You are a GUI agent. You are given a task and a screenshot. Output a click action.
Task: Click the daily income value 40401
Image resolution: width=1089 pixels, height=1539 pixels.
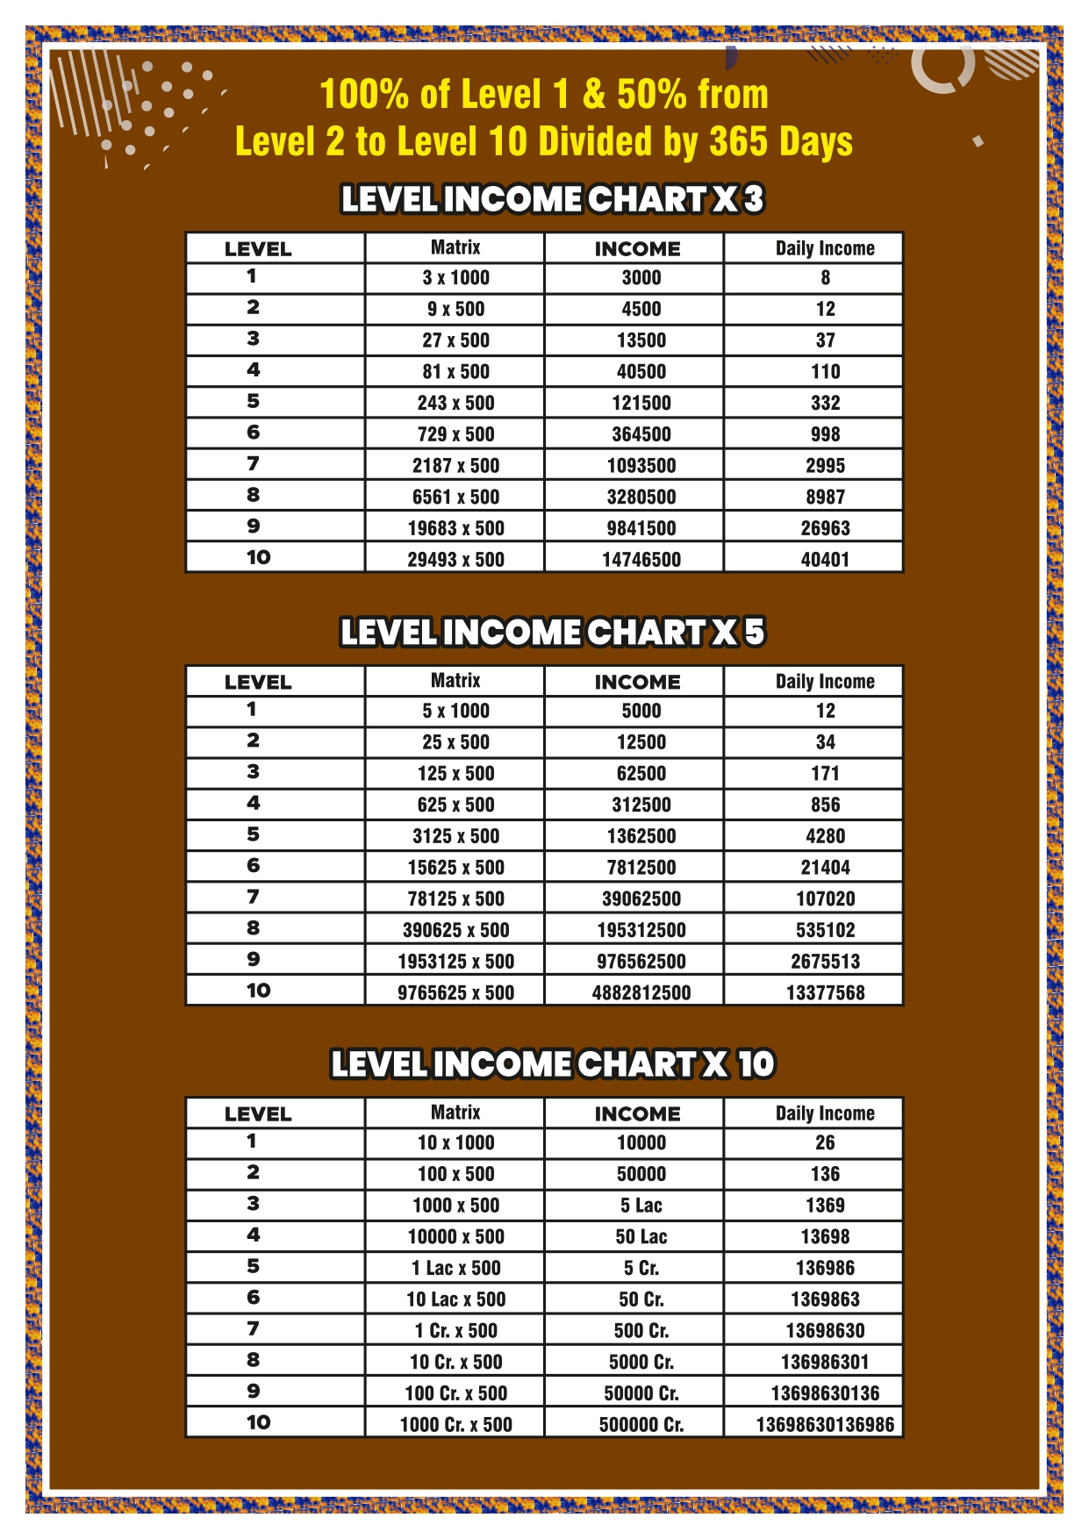click(x=825, y=559)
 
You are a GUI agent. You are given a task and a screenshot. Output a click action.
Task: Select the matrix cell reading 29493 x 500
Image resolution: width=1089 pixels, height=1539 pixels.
click(x=455, y=559)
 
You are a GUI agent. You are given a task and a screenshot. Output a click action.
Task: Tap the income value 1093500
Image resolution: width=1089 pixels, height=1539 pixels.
click(x=641, y=465)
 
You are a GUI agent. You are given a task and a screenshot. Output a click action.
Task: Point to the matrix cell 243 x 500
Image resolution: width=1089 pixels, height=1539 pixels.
click(x=455, y=403)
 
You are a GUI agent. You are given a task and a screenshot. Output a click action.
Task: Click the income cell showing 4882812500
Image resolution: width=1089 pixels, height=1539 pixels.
click(x=641, y=992)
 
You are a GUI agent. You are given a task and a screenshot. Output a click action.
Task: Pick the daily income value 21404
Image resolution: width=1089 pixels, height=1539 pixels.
click(x=825, y=867)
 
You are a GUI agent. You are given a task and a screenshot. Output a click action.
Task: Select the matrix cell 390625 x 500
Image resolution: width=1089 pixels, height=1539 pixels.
click(x=455, y=929)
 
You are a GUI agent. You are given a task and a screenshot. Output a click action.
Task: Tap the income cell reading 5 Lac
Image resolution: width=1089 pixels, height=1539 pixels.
click(x=641, y=1205)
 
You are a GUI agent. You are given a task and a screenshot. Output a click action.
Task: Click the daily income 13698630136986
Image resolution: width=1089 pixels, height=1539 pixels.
click(x=825, y=1424)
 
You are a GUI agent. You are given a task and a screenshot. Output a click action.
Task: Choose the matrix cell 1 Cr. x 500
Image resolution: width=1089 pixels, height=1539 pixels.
click(x=455, y=1330)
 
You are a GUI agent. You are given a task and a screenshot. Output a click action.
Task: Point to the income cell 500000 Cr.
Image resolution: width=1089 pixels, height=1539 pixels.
click(x=641, y=1424)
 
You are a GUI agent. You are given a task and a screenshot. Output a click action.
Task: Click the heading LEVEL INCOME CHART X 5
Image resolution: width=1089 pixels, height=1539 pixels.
click(x=552, y=632)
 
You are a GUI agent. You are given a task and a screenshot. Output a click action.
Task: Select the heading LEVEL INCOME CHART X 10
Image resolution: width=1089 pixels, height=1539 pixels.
click(x=552, y=1064)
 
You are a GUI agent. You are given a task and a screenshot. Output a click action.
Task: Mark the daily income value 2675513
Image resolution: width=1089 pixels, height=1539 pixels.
click(x=825, y=961)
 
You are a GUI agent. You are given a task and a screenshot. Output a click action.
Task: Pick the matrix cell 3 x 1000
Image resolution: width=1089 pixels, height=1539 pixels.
click(x=455, y=277)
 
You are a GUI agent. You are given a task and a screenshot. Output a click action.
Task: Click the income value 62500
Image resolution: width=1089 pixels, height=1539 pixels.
click(x=641, y=773)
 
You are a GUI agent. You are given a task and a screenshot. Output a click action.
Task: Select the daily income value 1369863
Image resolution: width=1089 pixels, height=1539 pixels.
click(x=825, y=1299)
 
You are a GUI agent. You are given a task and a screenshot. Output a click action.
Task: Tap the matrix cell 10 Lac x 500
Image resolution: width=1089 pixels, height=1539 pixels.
click(x=455, y=1299)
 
